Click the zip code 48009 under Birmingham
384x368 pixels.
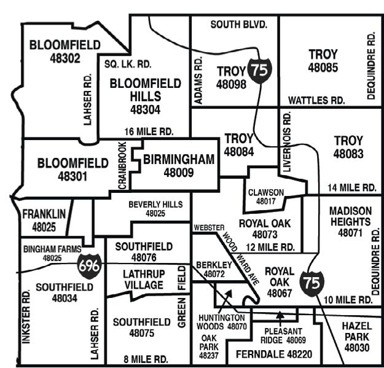pos(179,173)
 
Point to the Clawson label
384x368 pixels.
pos(266,192)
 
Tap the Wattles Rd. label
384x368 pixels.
pos(316,100)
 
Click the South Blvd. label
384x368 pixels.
pos(239,25)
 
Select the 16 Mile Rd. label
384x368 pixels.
pos(149,131)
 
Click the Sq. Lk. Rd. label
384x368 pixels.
pos(128,64)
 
